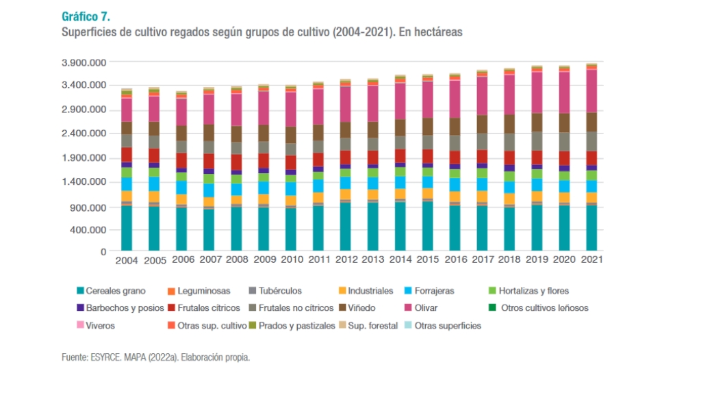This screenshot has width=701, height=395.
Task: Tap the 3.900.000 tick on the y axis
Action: coord(84,62)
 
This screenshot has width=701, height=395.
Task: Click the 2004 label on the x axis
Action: coord(127,261)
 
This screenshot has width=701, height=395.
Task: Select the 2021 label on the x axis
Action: coord(591,261)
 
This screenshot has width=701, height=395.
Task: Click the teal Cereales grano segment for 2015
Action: coord(427,226)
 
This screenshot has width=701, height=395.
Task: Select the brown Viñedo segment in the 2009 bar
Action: coord(264,133)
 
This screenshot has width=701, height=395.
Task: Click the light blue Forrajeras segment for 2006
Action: coord(181,187)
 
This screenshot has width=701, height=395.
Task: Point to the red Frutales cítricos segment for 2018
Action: coord(509,160)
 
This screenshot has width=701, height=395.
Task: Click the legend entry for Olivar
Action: coord(432,308)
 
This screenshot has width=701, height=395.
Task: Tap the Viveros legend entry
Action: coord(101,326)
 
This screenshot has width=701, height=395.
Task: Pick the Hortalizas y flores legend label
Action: coord(535,291)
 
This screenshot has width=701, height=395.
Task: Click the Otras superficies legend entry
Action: coord(448,326)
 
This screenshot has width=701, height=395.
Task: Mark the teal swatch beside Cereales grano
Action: coord(80,291)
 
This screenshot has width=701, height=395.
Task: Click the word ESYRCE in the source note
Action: coord(104,357)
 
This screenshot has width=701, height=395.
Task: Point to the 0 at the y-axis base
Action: coord(103,252)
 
